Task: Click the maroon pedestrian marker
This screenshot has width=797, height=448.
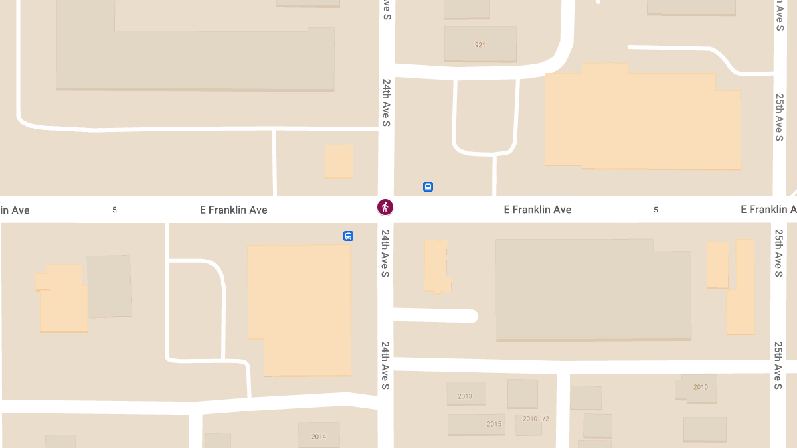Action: (385, 207)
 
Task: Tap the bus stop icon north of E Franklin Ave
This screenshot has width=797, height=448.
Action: (428, 187)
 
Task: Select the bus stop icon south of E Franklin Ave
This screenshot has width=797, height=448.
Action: (348, 236)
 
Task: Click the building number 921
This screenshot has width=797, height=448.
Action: (480, 45)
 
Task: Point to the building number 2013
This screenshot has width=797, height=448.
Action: (465, 396)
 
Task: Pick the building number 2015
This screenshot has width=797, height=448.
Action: (494, 424)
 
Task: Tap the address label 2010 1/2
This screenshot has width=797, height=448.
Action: (536, 419)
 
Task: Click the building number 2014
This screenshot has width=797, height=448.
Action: (319, 437)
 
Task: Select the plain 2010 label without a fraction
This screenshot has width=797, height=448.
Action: (701, 387)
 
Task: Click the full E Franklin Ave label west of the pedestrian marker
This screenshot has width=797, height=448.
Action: (234, 210)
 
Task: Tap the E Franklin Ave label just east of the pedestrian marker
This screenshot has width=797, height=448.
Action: (537, 210)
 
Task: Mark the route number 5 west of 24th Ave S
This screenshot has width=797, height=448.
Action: (115, 210)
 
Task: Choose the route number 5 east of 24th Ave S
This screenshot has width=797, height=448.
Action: (656, 210)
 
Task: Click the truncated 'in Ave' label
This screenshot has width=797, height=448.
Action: (15, 210)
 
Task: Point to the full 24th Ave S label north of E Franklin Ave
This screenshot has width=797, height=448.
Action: (386, 104)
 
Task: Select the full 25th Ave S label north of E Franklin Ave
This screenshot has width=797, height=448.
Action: (779, 117)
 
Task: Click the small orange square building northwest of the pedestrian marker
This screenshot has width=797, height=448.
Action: (339, 161)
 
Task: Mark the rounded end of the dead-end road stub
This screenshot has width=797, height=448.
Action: (471, 316)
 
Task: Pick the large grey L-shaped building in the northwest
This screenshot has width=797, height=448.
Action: (193, 56)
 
